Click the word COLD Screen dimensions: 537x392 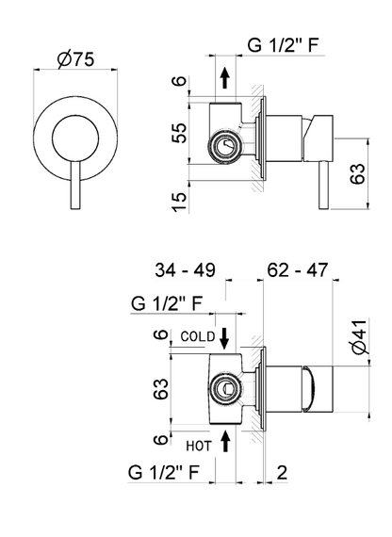coord(197,335)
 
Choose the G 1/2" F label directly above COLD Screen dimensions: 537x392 coord(164,303)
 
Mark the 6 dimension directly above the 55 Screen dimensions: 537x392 coord(182,83)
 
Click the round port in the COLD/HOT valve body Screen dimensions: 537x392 coord(224,386)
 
